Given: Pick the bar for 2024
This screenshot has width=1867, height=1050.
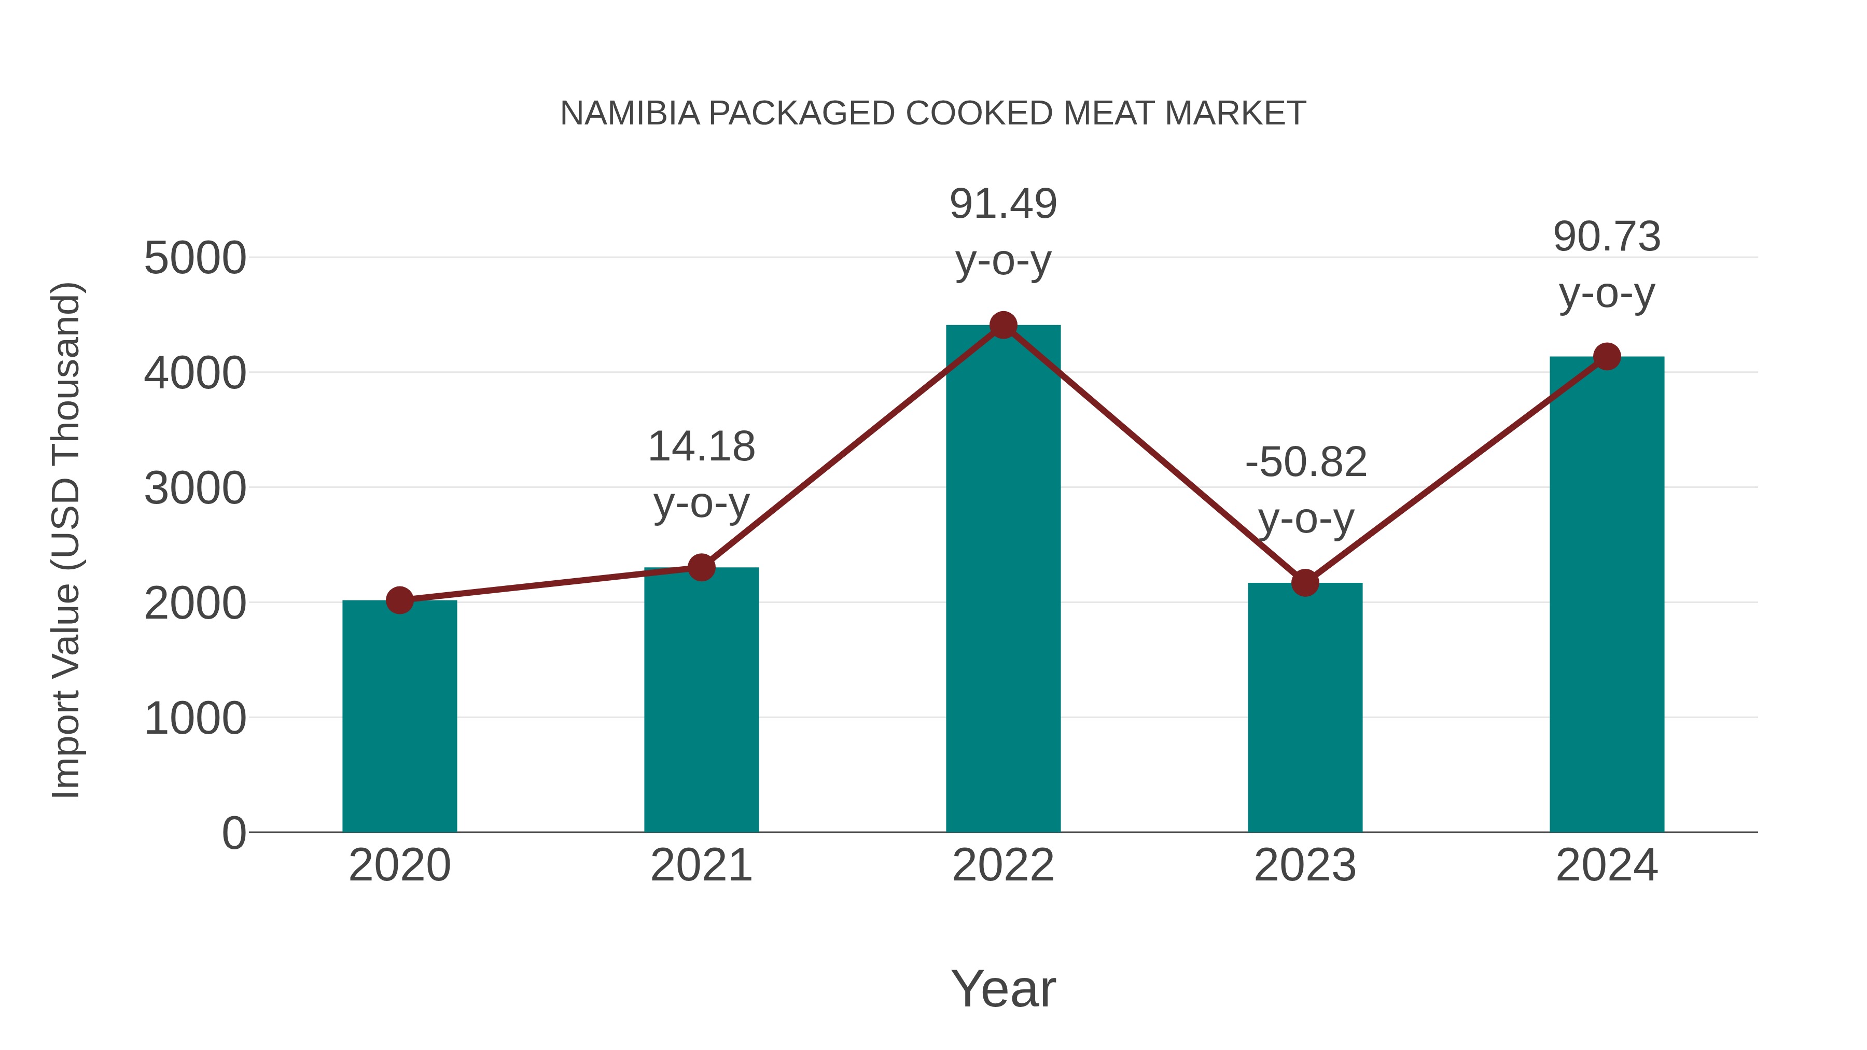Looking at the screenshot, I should click(1607, 594).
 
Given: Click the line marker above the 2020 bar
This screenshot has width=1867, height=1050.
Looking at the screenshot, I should click(399, 600).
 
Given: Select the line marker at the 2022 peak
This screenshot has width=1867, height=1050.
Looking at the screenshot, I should click(1003, 325).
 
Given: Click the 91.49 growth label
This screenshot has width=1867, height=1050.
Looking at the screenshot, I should click(1003, 204).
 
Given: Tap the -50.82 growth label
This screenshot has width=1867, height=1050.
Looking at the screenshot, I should click(1305, 463).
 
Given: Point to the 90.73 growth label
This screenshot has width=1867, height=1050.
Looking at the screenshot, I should click(1607, 237).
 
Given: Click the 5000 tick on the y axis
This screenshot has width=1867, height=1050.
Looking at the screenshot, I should click(195, 258).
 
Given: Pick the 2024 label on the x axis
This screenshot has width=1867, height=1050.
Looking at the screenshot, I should click(1607, 865).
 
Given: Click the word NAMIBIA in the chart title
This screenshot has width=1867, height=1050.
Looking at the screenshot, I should click(630, 114).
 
